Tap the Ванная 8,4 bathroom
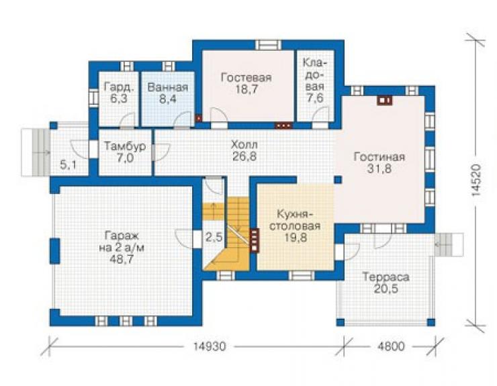click(167, 93)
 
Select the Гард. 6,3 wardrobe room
click(119, 93)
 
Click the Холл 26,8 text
click(244, 150)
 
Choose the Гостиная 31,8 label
click(379, 162)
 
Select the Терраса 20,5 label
click(386, 283)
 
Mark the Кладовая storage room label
click(315, 80)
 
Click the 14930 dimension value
click(209, 346)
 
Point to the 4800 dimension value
click(391, 346)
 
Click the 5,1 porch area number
click(69, 165)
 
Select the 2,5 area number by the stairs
click(214, 237)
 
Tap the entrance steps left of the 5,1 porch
click(35, 152)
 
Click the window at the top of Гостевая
click(268, 45)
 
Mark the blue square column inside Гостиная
click(338, 180)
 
